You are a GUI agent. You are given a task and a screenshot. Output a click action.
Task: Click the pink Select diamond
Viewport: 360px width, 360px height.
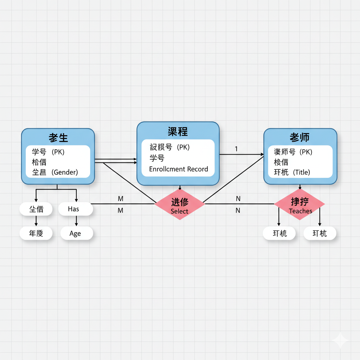coord(180,204)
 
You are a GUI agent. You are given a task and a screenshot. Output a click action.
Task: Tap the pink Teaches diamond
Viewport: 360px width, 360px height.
coord(300,204)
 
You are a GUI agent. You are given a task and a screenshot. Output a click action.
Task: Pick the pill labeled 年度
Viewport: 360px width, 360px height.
coord(36,233)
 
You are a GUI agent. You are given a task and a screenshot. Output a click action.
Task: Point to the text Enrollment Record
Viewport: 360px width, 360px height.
coord(178,169)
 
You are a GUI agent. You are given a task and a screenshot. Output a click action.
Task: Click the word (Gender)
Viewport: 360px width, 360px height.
coord(65,172)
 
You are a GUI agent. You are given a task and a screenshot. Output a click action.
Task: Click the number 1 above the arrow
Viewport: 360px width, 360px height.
coord(236,149)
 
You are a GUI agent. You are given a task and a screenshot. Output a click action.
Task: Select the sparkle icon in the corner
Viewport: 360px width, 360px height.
coord(340,340)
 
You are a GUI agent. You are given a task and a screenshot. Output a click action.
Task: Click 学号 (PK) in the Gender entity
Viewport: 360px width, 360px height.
coord(48,152)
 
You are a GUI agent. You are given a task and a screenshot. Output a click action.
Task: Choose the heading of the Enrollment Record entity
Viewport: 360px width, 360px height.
coord(178,132)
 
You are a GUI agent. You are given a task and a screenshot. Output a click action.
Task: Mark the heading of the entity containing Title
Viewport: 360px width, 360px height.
coord(300,137)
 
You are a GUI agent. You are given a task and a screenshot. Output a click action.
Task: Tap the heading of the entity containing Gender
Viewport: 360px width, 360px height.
coord(58,138)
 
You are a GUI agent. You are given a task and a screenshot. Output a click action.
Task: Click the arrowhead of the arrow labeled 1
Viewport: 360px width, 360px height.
coord(262,154)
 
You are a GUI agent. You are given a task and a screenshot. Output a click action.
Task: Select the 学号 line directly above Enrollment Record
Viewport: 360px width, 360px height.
coord(157,158)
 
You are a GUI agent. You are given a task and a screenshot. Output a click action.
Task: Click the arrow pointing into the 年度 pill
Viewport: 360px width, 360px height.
coord(36,221)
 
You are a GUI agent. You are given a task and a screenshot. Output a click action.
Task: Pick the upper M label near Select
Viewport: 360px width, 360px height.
coord(121,199)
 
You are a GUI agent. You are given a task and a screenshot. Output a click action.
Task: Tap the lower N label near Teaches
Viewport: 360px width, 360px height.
coord(238,211)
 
